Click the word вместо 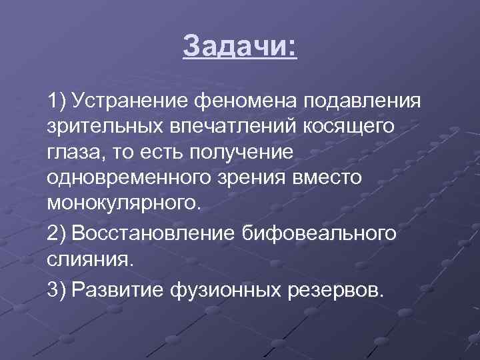point(323,177)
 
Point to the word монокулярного point(123,202)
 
